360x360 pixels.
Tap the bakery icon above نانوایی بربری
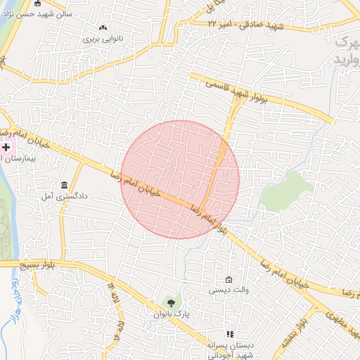tap(103, 27)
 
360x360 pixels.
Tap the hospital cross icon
tap(6, 147)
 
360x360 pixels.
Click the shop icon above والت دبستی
tap(228, 278)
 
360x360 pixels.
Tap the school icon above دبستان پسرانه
tap(229, 334)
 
